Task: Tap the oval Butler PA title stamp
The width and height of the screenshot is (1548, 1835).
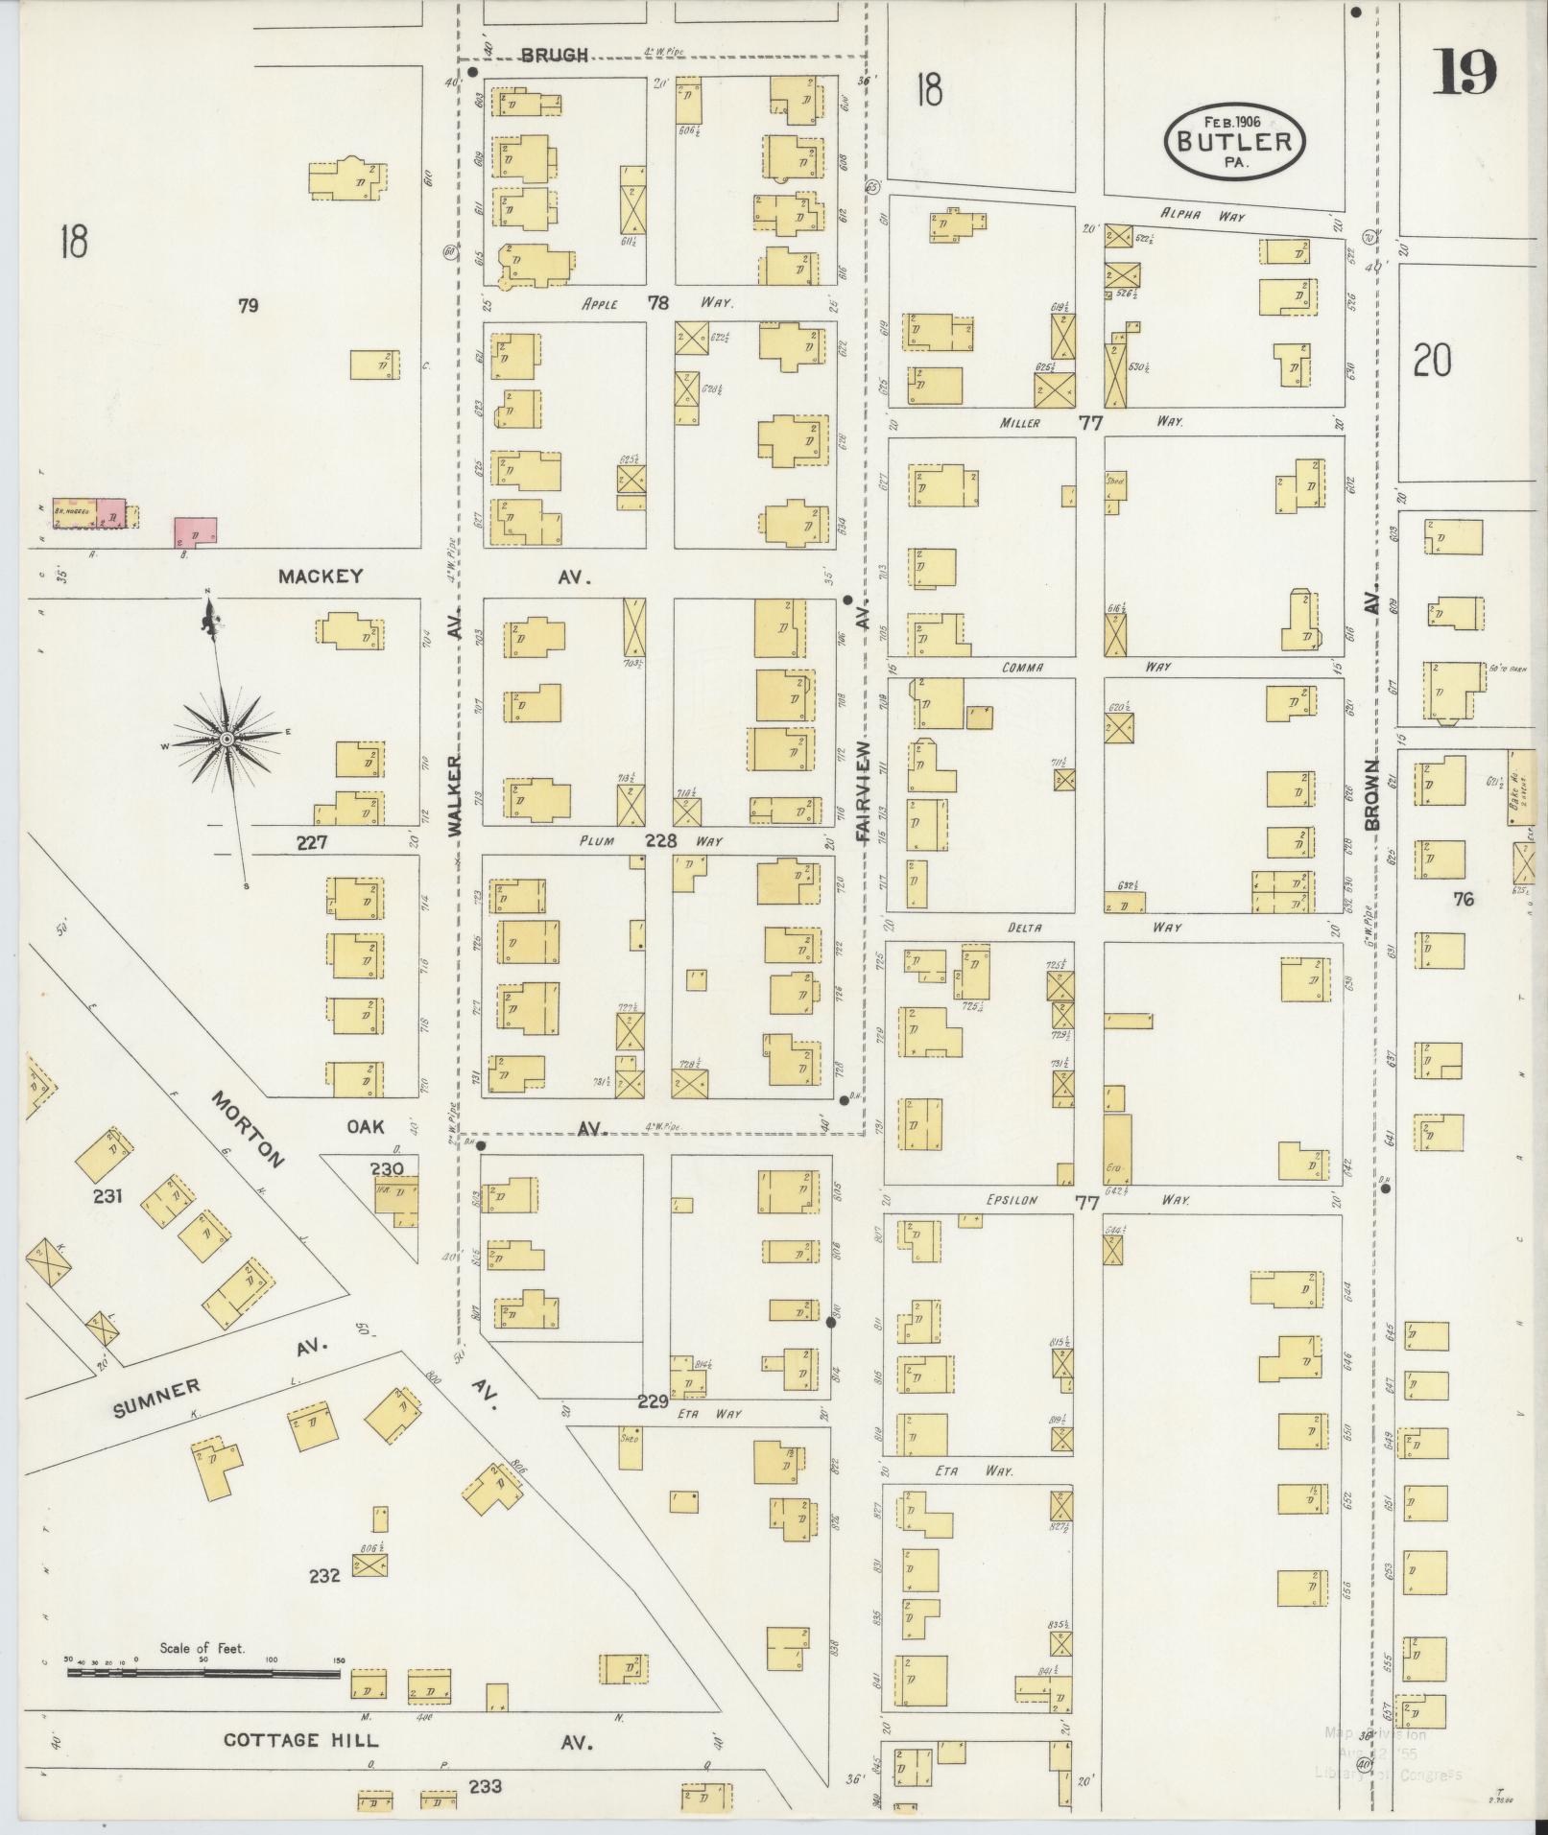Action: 1234,141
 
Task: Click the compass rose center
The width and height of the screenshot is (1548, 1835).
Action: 226,739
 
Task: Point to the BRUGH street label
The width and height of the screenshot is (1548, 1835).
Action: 554,56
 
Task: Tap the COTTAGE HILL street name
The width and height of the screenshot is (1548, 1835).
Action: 300,1740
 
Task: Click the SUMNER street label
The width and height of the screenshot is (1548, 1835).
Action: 156,1398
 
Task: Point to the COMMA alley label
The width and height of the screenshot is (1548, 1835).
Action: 1022,667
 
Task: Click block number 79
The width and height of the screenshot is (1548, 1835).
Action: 249,306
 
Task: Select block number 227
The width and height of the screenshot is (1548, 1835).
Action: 313,842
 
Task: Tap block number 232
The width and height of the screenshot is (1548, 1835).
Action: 324,1575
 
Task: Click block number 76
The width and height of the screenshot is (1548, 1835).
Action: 1463,899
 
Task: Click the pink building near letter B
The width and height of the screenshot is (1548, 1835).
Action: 196,531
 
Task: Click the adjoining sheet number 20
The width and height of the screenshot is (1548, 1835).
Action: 1431,362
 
